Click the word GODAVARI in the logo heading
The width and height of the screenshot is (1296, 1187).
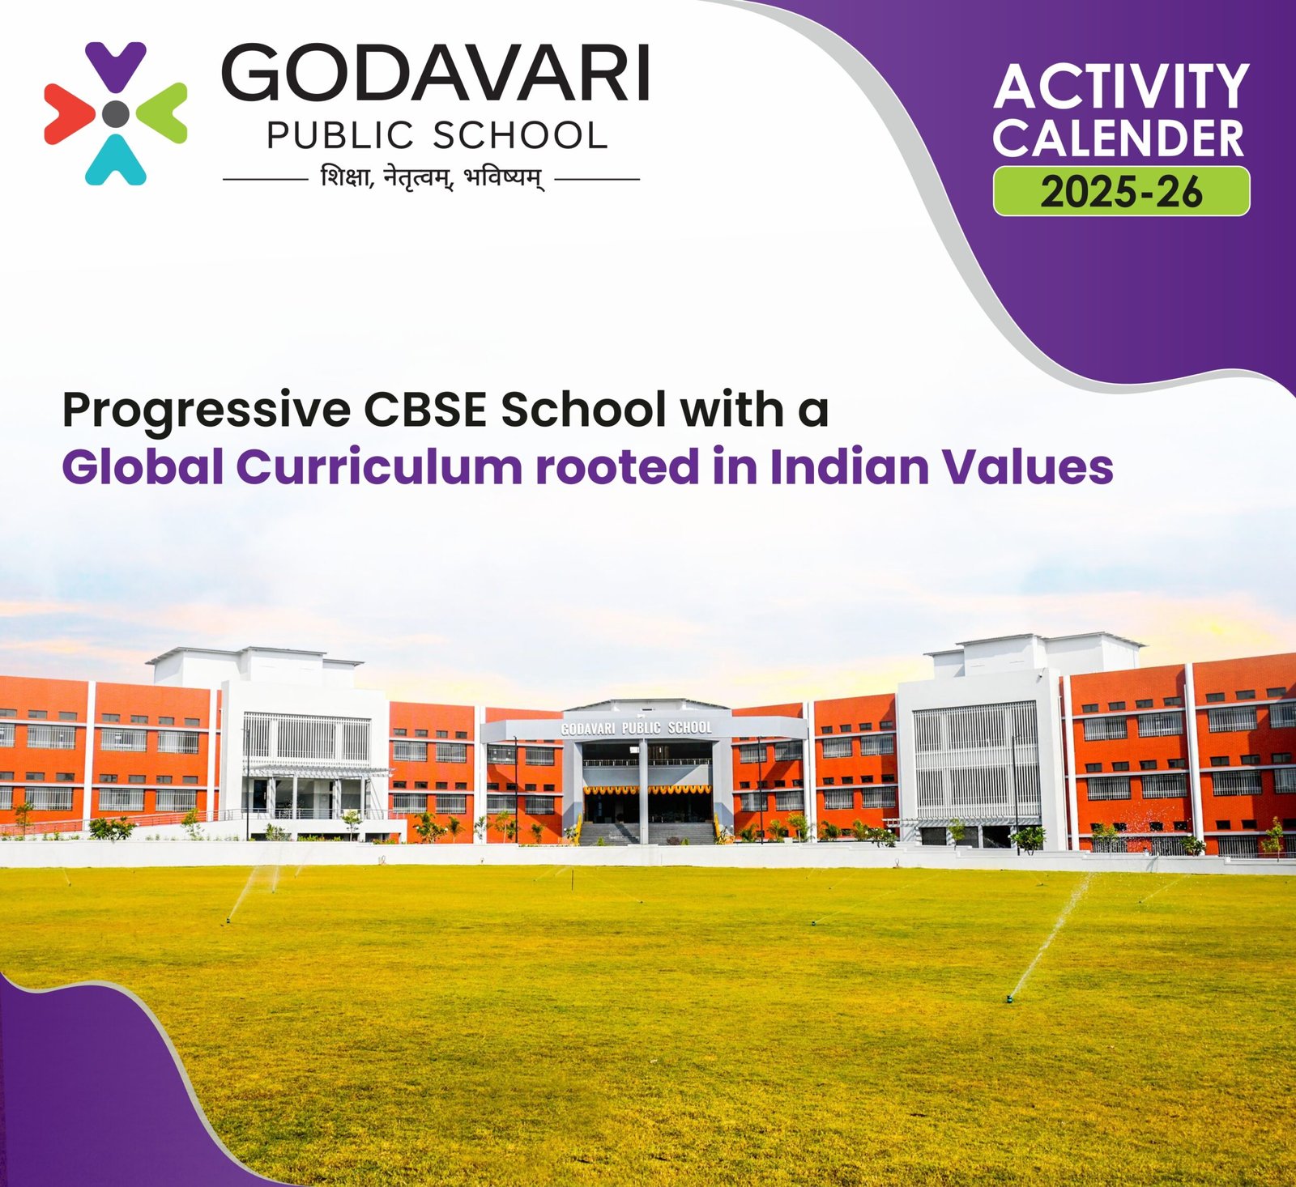tap(435, 73)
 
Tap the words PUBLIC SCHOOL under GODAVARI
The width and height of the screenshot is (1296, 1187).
tap(437, 135)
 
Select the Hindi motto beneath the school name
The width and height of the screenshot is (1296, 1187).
tap(432, 177)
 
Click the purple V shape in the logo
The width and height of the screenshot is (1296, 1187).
tap(116, 66)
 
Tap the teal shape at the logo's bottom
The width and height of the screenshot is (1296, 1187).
tap(116, 160)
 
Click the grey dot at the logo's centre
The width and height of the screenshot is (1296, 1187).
tap(116, 113)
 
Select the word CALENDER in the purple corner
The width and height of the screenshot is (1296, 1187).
tap(1119, 138)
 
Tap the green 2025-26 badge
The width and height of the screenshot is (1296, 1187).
tap(1121, 191)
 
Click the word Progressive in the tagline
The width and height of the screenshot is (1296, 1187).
tap(207, 411)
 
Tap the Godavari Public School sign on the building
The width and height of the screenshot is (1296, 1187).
tap(637, 728)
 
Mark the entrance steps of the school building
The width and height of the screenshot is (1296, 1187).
tap(647, 833)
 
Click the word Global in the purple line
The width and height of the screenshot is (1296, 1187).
tap(143, 467)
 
